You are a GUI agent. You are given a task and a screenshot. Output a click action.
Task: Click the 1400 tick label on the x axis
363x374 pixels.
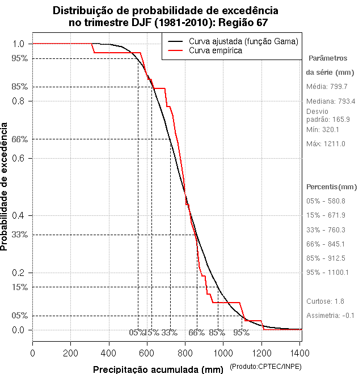coord(300,352)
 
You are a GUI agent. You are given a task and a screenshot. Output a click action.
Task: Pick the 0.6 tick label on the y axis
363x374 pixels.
coord(18,158)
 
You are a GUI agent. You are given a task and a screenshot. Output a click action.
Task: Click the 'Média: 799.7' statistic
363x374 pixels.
coord(327,87)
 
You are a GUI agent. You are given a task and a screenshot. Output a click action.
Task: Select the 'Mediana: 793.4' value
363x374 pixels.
coord(331,101)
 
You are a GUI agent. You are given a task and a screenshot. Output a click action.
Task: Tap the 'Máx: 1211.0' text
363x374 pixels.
coord(326,143)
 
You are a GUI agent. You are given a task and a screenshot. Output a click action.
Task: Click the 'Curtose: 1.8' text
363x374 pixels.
coord(325,301)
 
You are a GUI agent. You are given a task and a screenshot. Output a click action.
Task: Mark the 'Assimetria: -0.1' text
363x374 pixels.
coord(330,315)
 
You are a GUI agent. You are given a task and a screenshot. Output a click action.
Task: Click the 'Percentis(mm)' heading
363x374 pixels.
coord(332,187)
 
